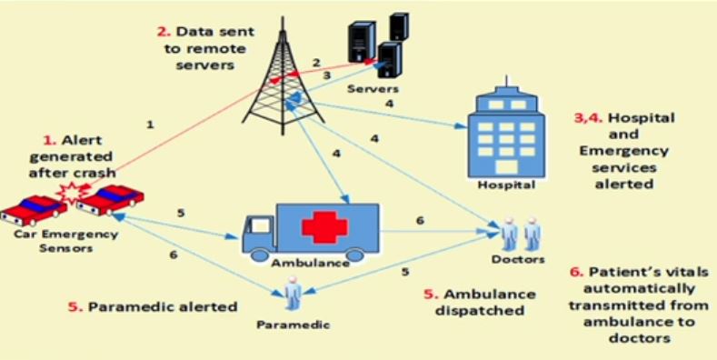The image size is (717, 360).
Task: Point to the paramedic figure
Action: click(x=293, y=295)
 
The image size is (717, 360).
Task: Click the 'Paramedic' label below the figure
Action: click(x=293, y=323)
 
